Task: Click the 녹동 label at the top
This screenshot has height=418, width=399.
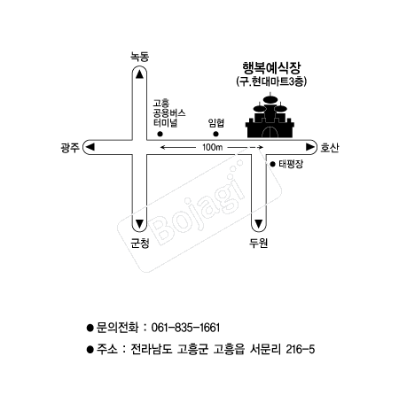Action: coord(140,57)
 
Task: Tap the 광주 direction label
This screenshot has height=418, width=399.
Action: coord(70,147)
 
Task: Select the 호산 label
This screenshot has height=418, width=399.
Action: coord(330,147)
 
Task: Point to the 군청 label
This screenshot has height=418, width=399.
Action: coord(140,243)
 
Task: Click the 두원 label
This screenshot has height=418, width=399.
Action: coord(258,243)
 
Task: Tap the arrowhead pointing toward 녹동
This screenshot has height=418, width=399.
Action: coord(139,74)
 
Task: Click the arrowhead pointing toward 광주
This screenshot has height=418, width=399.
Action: coord(90,147)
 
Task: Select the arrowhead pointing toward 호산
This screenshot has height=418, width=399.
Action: coord(309,147)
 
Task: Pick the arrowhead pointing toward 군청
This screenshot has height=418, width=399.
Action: coord(139,224)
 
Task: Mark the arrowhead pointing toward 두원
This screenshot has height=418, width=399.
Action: coord(259,224)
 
